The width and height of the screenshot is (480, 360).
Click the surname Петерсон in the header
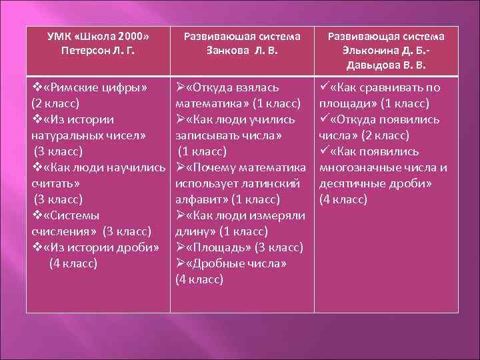coord(75,51)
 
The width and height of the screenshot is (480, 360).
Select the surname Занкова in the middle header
coord(228,51)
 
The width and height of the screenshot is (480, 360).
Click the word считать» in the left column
coord(57,183)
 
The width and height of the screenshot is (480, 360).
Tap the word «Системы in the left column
coord(71,215)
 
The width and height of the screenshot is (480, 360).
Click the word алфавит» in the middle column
coord(201,199)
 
